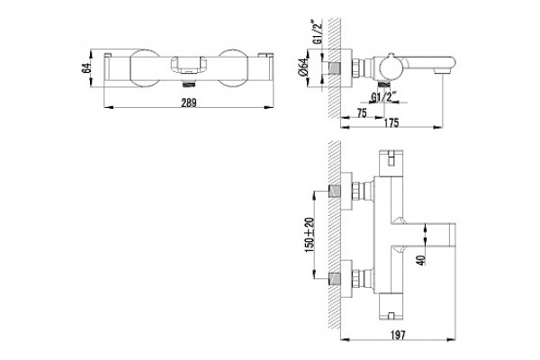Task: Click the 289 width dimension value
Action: point(189,103)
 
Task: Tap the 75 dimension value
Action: point(361,113)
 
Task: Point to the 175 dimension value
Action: point(391,122)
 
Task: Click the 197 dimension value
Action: point(398,334)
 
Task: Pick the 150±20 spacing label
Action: point(310,235)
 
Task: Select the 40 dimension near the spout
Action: point(421,259)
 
